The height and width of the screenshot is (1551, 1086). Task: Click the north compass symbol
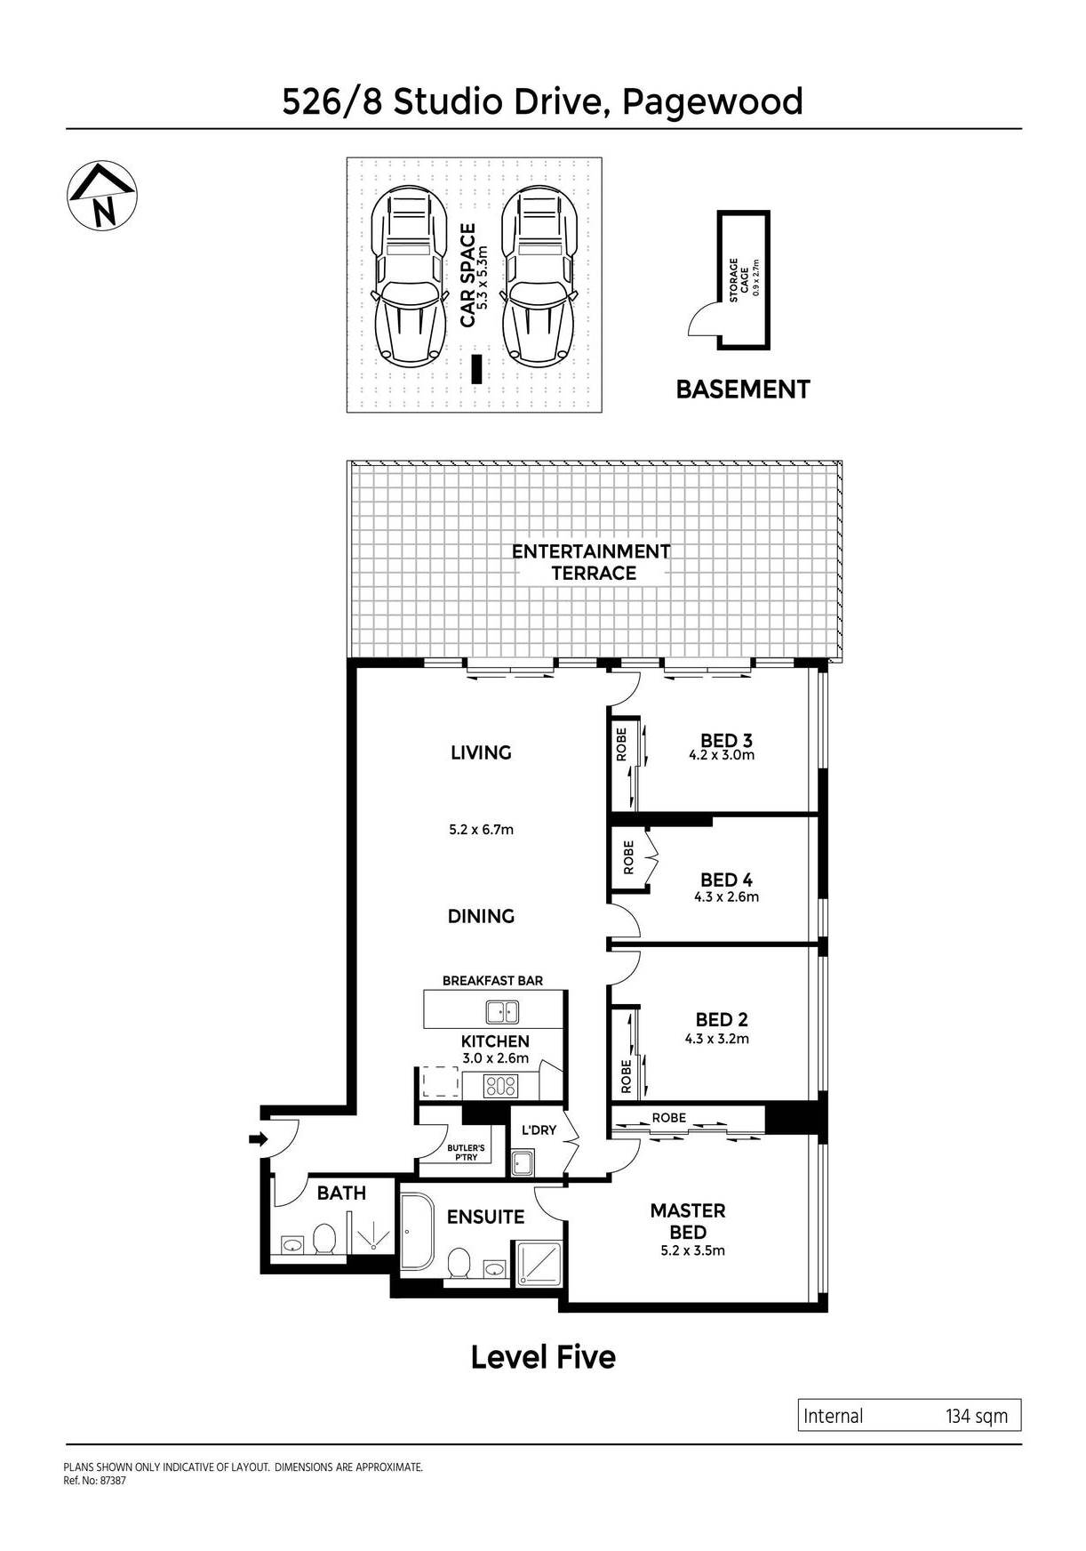pos(102,197)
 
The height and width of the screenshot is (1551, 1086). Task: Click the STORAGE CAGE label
pos(740,280)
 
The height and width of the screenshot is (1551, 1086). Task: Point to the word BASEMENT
pos(743,390)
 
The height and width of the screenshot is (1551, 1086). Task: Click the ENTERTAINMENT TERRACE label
pos(592,562)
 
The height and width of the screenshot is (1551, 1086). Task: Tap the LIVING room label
pos(481,752)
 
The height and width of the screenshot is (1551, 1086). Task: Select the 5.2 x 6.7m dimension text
pos(481,830)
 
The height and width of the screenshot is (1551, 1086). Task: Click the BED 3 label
pos(726,740)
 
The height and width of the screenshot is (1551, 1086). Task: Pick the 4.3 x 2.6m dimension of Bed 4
pos(726,897)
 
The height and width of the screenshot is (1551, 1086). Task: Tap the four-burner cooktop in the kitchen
pos(500,1085)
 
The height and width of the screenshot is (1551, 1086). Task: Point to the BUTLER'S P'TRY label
pos(466,1153)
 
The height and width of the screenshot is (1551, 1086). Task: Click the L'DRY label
pos(538,1130)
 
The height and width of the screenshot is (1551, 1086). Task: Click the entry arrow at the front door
pos(259,1139)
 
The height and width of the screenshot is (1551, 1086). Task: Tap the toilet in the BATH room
pos(324,1239)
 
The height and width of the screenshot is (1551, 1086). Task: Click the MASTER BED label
pos(688,1221)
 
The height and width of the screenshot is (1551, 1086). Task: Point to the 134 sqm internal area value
pos(976,1416)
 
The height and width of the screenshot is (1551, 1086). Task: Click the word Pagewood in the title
pos(712,101)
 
